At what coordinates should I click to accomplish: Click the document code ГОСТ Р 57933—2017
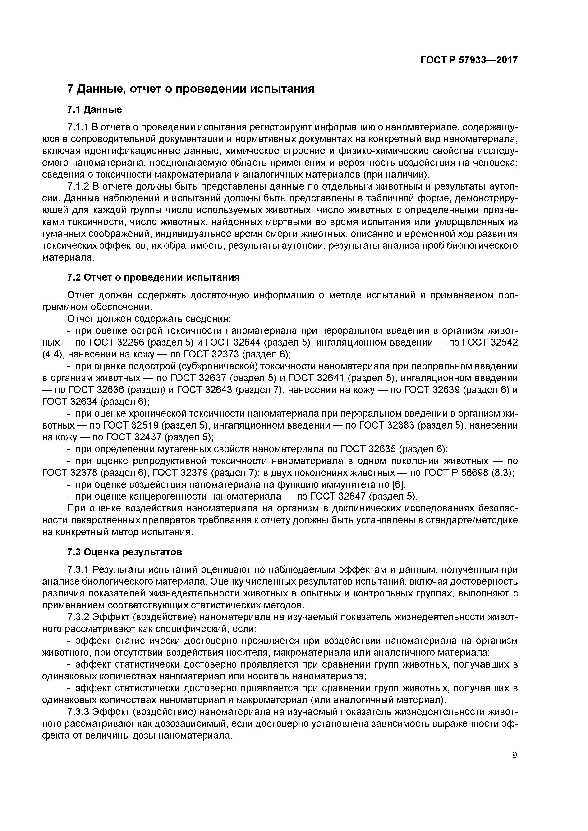click(469, 60)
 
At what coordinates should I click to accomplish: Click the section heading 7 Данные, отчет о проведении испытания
click(191, 89)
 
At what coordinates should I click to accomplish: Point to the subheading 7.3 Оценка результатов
click(125, 552)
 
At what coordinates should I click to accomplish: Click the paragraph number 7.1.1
click(78, 127)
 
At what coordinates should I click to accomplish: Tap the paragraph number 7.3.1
click(78, 570)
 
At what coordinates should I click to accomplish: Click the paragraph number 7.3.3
click(78, 712)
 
